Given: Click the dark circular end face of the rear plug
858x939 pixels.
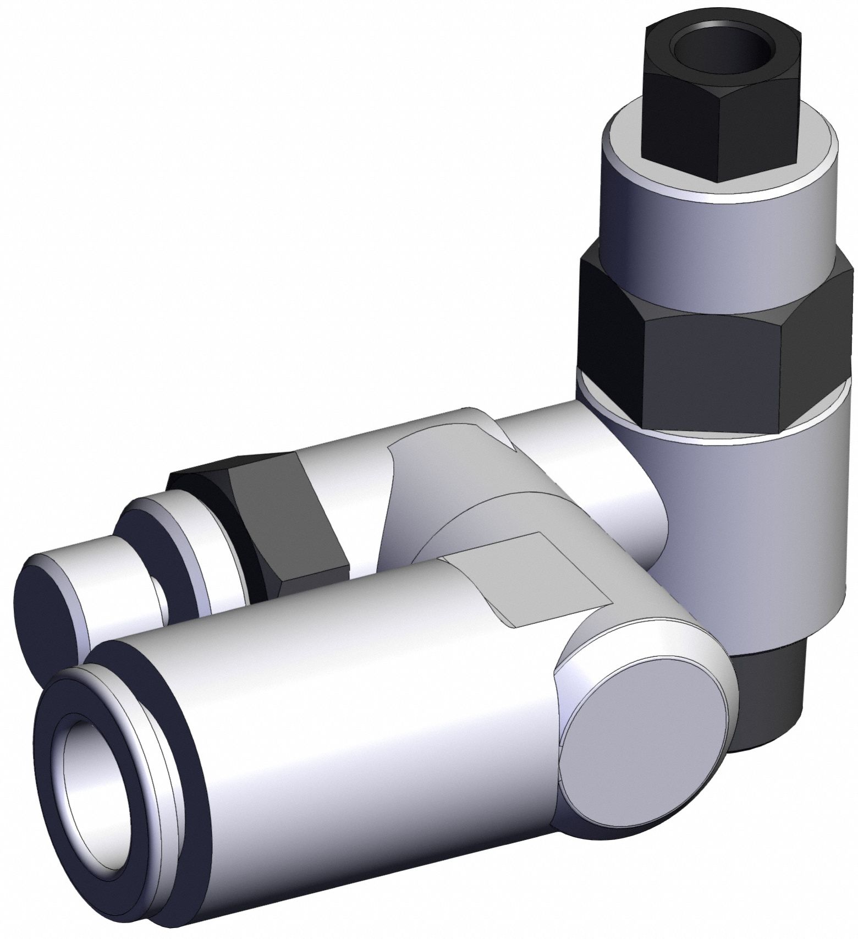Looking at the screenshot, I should point(50,611).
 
